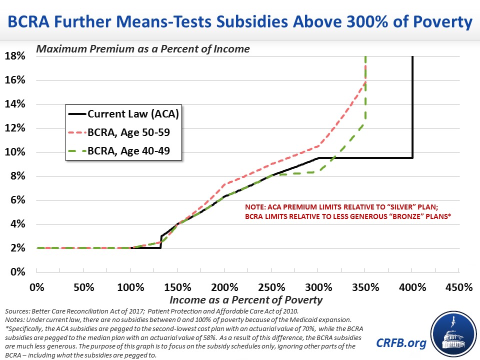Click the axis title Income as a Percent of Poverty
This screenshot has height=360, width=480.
pyautogui.click(x=246, y=300)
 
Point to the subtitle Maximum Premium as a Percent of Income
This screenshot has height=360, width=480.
pyautogui.click(x=142, y=49)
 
